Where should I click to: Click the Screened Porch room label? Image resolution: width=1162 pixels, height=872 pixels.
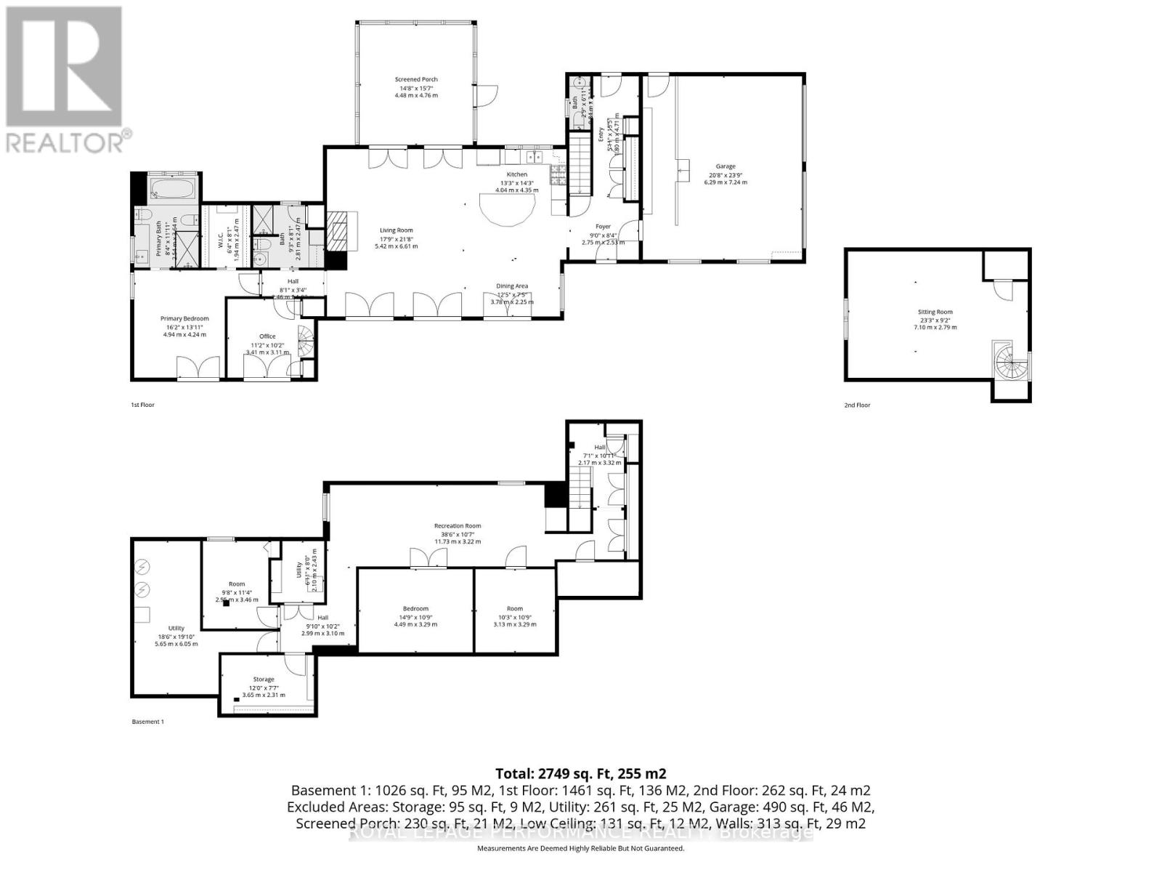[416, 79]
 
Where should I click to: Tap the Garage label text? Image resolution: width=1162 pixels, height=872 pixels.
[725, 166]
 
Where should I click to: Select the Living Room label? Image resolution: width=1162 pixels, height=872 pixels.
[396, 230]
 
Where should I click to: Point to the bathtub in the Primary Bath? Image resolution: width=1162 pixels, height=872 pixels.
[173, 191]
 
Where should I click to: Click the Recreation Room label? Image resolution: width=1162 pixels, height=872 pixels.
[458, 525]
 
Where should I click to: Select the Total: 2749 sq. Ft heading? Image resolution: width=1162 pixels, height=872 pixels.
[580, 773]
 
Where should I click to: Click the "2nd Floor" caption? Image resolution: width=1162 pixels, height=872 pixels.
[857, 405]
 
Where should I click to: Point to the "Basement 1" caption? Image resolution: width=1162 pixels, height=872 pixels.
[148, 722]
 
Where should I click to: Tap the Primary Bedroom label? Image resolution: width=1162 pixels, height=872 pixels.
[184, 318]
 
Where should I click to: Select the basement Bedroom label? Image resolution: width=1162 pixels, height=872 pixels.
[415, 608]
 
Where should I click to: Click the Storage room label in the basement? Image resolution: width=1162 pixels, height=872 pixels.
[264, 679]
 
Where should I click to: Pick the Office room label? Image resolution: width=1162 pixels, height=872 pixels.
[267, 336]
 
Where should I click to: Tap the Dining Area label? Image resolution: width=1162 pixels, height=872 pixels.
[511, 286]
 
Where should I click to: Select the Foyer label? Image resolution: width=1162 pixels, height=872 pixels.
[603, 227]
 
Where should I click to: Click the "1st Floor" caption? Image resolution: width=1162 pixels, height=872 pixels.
[142, 405]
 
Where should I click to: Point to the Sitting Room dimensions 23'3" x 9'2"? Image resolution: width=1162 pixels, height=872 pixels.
[935, 320]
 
